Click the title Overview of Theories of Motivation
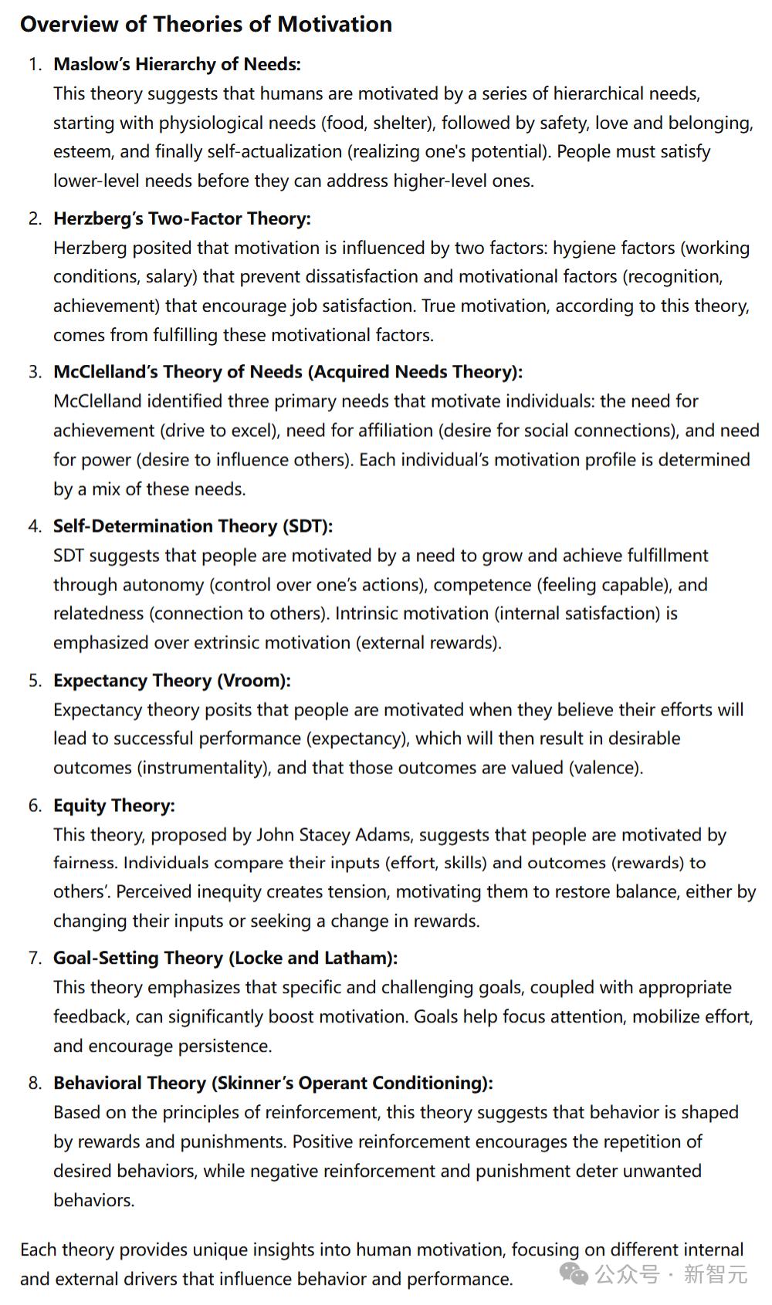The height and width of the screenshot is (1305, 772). pyautogui.click(x=206, y=24)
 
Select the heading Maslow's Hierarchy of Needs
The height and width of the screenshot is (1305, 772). pyautogui.click(x=177, y=64)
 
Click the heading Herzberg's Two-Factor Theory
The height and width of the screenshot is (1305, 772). pyautogui.click(x=181, y=218)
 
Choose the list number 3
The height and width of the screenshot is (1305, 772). pyautogui.click(x=35, y=372)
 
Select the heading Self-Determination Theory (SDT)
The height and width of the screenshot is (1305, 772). pyautogui.click(x=193, y=526)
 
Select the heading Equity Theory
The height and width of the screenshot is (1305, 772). pyautogui.click(x=113, y=806)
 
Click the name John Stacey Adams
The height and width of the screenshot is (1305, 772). pyautogui.click(x=334, y=835)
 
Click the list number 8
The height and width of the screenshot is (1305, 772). pyautogui.click(x=35, y=1084)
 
